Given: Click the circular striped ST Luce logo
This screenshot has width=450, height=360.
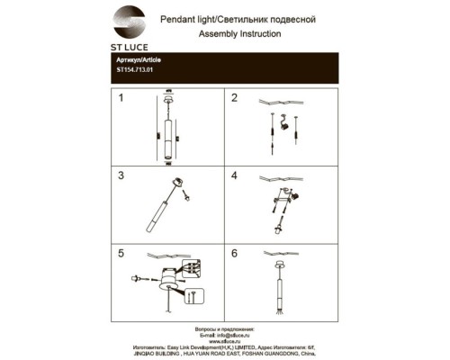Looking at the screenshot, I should (129, 20).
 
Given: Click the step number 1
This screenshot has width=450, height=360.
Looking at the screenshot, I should (121, 98).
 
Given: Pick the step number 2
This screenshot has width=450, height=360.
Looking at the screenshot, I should (235, 98).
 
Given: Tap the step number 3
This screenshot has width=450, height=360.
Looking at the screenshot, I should (121, 175).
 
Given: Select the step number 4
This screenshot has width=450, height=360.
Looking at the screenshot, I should (235, 175).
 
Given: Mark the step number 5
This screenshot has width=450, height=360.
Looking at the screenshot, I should (121, 254).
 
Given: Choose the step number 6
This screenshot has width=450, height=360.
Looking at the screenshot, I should (235, 254).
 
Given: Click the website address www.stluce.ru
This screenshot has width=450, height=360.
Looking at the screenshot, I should (225, 338).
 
